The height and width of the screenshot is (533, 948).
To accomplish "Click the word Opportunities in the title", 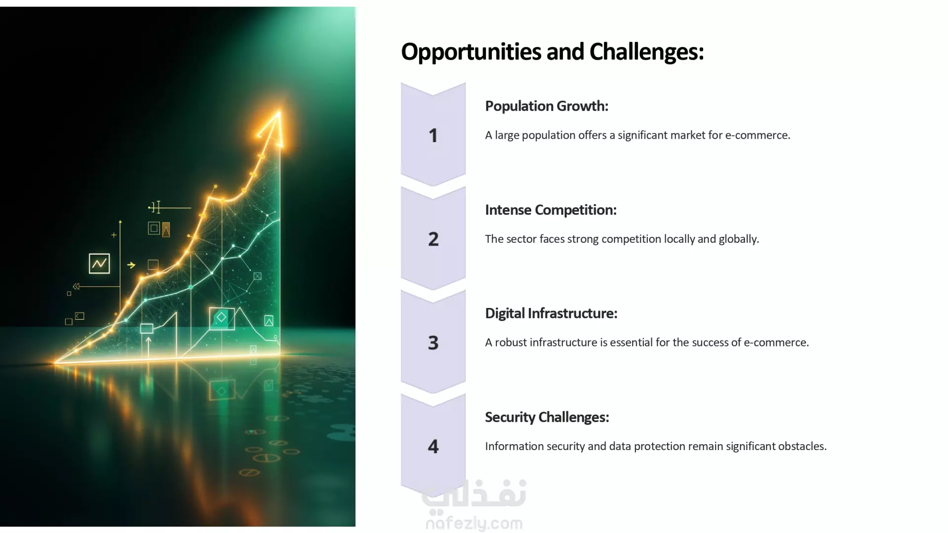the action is (482, 52).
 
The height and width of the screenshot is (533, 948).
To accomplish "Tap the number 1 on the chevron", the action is (433, 136).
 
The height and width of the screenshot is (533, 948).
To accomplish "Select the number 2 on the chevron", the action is (433, 239).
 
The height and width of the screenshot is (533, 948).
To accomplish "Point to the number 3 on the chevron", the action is (433, 343).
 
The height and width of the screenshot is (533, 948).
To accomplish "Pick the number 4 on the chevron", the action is (433, 446).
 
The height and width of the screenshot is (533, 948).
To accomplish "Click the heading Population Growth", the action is (547, 107).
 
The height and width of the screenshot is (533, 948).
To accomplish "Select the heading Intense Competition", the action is (551, 210).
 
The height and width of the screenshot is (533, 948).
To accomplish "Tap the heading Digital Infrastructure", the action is (551, 313).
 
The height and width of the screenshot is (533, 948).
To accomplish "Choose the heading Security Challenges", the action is (547, 418).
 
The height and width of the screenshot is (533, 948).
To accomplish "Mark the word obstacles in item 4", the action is (802, 446).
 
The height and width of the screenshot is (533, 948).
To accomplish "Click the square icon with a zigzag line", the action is (99, 264).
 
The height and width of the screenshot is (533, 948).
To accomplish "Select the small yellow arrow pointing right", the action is (131, 265).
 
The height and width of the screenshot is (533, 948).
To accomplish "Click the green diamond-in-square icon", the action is (222, 318).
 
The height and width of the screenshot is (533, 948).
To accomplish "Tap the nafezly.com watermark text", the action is (474, 524).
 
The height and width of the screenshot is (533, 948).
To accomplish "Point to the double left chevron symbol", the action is (76, 286).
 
